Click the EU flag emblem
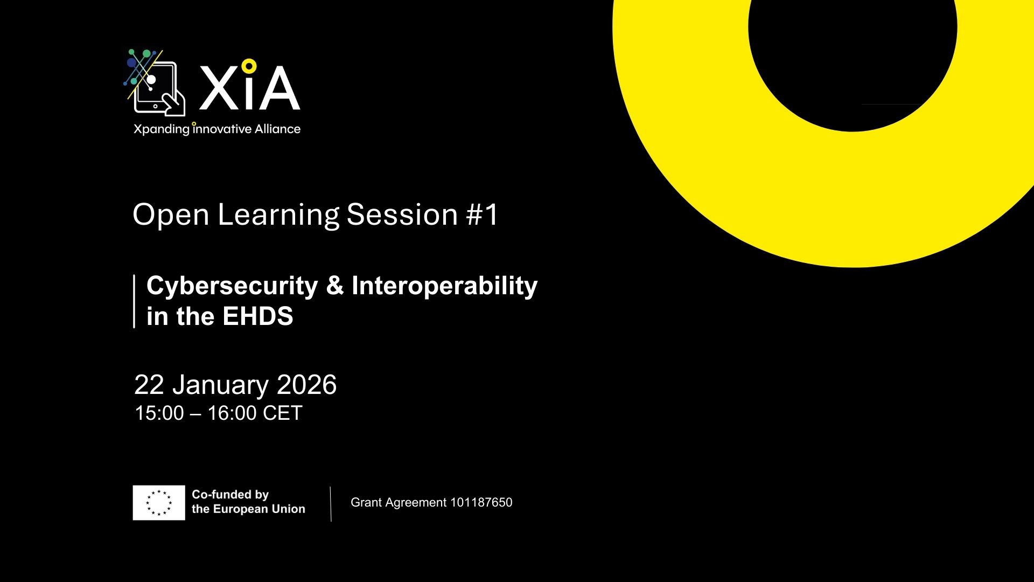[159, 502]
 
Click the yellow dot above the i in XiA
[248, 66]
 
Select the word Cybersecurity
[232, 286]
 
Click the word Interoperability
[444, 286]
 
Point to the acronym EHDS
[257, 316]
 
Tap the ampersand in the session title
[334, 286]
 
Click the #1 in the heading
[483, 214]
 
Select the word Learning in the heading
[278, 215]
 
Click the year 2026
[306, 385]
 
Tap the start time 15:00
[159, 413]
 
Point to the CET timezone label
[283, 413]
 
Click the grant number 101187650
[481, 502]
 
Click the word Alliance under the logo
[277, 129]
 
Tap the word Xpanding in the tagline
[161, 130]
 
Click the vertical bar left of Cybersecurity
[134, 301]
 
